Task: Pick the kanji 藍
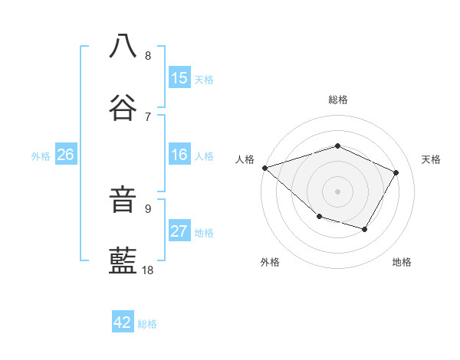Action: pyautogui.click(x=123, y=260)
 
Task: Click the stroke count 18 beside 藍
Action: pyautogui.click(x=148, y=270)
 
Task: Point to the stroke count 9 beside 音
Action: pyautogui.click(x=148, y=208)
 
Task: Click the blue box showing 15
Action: pyautogui.click(x=179, y=78)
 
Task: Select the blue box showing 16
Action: pyautogui.click(x=179, y=155)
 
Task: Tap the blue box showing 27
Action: pyautogui.click(x=179, y=231)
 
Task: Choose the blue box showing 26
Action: pyautogui.click(x=65, y=155)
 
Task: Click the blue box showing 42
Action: pyautogui.click(x=123, y=322)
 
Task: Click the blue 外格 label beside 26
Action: pyautogui.click(x=41, y=155)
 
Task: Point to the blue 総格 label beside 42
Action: pyautogui.click(x=147, y=324)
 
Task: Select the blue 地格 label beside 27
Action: pyautogui.click(x=204, y=232)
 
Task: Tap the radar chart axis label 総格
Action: pyautogui.click(x=337, y=100)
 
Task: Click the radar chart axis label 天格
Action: pyautogui.click(x=431, y=159)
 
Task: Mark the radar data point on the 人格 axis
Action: pyautogui.click(x=264, y=168)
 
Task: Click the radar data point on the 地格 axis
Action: pyautogui.click(x=365, y=229)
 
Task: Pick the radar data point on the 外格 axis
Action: pyautogui.click(x=319, y=218)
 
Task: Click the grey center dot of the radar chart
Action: pyautogui.click(x=337, y=191)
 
